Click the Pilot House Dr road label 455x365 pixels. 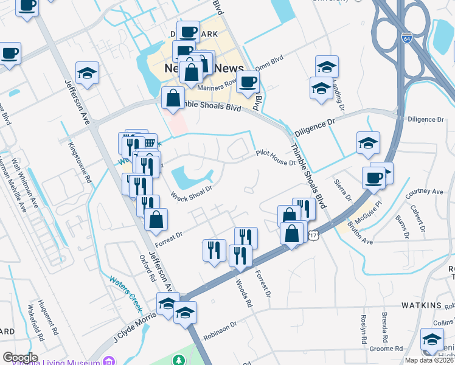(x=275, y=158)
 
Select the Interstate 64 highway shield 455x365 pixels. (x=407, y=38)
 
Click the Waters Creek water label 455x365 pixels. (x=125, y=287)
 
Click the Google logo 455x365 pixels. (x=20, y=358)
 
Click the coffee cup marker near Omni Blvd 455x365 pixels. (x=248, y=82)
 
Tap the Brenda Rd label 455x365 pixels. (x=384, y=326)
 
